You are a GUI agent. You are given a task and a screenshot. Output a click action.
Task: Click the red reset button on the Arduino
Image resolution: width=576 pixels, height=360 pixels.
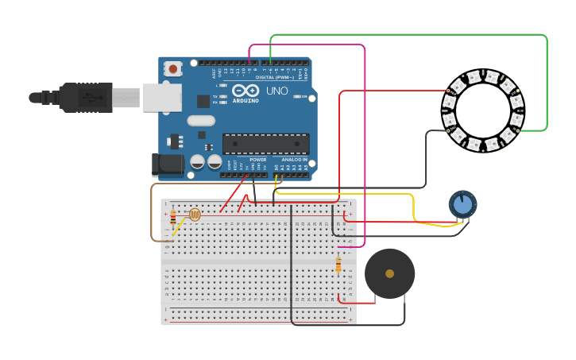[172, 69]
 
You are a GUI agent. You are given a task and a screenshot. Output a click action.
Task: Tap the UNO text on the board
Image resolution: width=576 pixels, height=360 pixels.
[277, 91]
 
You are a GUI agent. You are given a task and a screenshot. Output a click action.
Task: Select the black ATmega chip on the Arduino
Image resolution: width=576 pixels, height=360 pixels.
[265, 143]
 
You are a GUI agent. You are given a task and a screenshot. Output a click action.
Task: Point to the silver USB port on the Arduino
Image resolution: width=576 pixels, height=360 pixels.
[162, 97]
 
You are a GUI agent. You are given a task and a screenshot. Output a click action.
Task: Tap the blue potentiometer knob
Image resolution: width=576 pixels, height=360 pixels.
[462, 204]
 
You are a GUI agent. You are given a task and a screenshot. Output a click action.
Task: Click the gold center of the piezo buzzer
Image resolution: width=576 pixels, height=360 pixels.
[389, 273]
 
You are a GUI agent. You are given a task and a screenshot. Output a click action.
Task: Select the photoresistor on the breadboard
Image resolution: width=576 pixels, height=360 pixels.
[195, 214]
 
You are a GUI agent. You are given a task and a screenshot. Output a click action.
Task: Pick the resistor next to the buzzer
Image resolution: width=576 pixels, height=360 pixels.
[338, 264]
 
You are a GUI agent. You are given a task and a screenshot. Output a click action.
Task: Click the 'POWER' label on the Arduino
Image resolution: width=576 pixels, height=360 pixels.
[258, 159]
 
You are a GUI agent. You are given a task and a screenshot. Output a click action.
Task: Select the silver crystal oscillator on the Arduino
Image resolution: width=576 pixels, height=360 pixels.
[201, 121]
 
